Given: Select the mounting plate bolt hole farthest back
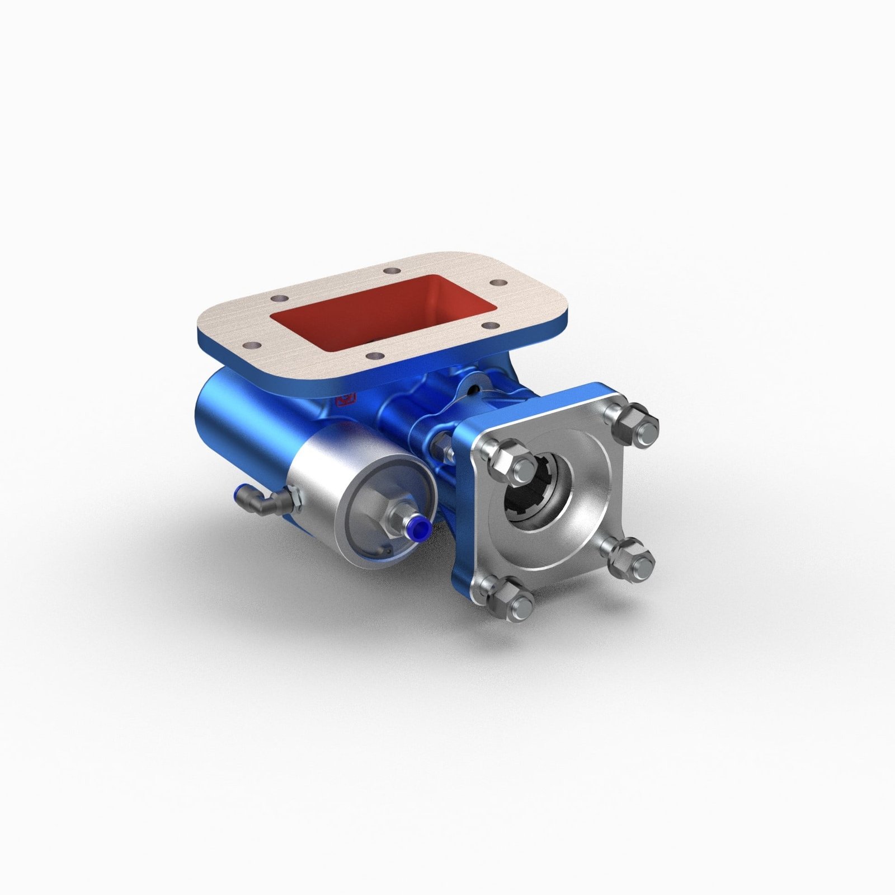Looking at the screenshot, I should (388, 271).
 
